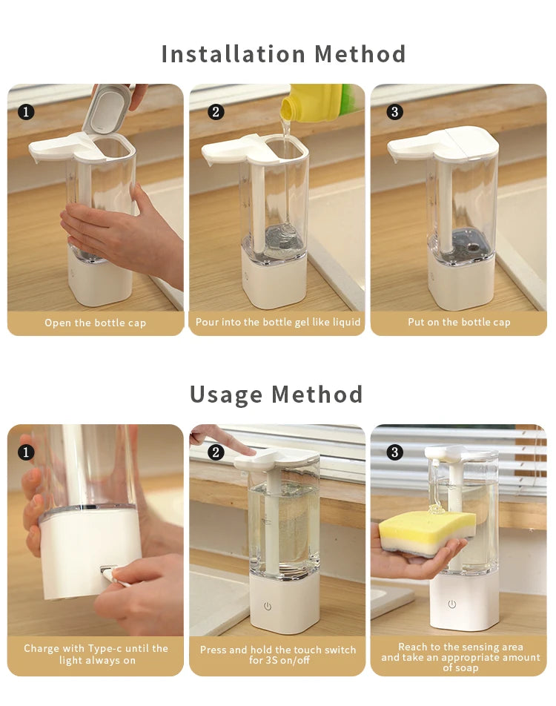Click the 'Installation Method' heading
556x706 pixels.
[283, 54]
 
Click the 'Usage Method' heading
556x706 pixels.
[277, 394]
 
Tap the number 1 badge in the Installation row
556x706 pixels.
[26, 112]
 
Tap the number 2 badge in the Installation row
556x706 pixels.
[216, 112]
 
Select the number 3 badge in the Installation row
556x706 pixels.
[395, 112]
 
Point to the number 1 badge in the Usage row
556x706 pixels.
[26, 452]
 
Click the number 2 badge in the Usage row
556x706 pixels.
[216, 452]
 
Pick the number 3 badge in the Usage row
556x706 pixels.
[395, 452]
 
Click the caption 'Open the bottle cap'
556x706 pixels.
[95, 323]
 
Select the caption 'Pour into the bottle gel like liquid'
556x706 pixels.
[278, 323]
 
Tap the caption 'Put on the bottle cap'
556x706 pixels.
[459, 323]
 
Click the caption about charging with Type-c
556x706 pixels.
[96, 654]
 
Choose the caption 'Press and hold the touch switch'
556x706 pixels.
[278, 655]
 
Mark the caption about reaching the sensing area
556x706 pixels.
[460, 657]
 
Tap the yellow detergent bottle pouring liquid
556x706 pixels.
[314, 102]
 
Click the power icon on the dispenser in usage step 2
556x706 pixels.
[268, 606]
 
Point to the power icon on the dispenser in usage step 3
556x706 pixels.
[452, 604]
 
